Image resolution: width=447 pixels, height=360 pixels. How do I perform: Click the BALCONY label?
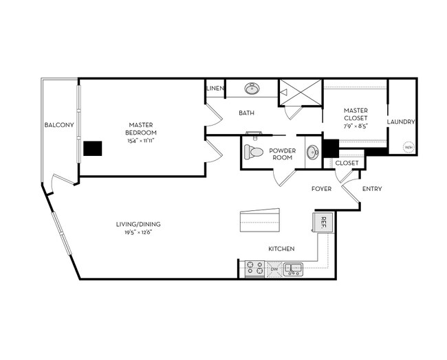click(x=58, y=124)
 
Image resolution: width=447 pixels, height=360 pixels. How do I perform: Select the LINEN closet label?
click(x=214, y=89)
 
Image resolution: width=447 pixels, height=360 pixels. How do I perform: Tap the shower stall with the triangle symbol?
click(x=300, y=92)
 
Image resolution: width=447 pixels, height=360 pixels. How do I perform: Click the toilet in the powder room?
click(x=255, y=152)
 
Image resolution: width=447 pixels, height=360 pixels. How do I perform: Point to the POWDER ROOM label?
click(x=282, y=153)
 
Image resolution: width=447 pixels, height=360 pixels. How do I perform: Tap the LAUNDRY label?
click(x=401, y=122)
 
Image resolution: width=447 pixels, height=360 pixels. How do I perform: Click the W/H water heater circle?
click(x=408, y=146)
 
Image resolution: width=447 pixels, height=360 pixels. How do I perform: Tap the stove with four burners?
click(x=254, y=268)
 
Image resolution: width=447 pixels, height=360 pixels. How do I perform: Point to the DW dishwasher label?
click(x=274, y=269)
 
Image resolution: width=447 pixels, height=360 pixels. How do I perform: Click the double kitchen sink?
click(x=294, y=269)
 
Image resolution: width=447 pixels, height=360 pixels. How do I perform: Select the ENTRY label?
click(x=371, y=189)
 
